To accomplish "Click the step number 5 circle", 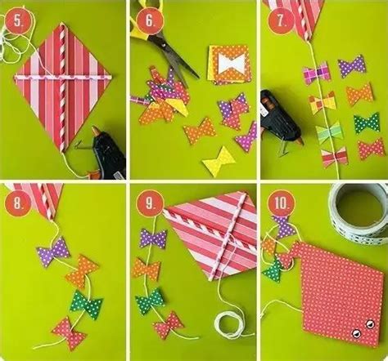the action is [18, 21].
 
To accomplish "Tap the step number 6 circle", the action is [150, 21].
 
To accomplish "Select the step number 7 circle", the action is [281, 21].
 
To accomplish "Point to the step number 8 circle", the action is [18, 203].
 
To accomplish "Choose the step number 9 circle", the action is [150, 203].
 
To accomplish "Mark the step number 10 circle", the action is [282, 203].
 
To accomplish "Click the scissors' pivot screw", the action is [164, 45].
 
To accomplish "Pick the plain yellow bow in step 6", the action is [219, 162].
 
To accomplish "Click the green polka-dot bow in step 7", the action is [367, 123].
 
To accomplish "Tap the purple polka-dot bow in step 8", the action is [53, 252].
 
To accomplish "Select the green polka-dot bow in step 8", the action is [86, 305].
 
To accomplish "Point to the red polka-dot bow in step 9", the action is [169, 325].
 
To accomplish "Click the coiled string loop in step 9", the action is [228, 326].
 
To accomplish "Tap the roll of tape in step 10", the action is [359, 213].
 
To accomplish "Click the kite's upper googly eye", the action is [370, 323].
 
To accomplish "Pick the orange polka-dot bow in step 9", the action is [146, 270].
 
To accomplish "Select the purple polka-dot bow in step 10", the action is [284, 227].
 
